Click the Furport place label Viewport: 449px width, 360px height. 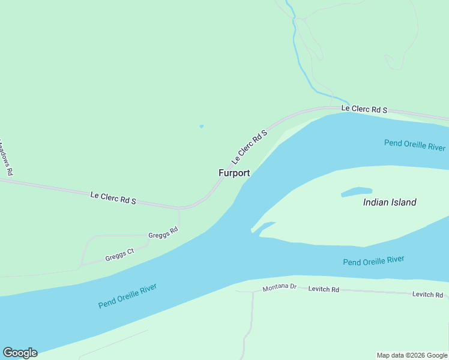(x=234, y=173)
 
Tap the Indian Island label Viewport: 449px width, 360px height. (x=390, y=202)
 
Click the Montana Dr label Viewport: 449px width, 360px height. (x=280, y=288)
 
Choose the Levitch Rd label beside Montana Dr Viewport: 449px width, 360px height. (x=324, y=289)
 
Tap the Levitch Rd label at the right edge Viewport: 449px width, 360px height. (x=427, y=295)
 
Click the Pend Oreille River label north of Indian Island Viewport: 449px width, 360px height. (x=415, y=145)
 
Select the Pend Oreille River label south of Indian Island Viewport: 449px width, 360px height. (x=373, y=261)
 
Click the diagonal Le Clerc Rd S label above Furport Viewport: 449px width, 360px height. (x=249, y=147)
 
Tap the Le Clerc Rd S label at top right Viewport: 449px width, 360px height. (x=364, y=109)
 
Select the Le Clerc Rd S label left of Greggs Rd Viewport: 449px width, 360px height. (x=113, y=198)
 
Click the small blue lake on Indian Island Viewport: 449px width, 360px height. (x=357, y=192)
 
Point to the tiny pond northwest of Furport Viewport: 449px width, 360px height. (x=201, y=126)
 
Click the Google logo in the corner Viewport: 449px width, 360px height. (x=20, y=353)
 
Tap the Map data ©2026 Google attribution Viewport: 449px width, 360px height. (x=412, y=355)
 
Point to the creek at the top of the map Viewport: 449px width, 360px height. (x=295, y=36)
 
